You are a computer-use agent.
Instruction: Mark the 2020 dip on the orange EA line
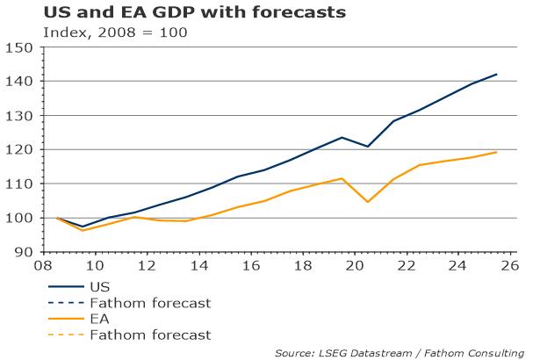tap(368, 202)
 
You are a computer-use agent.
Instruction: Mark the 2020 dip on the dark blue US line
tap(368, 147)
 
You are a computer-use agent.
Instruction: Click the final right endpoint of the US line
tap(497, 75)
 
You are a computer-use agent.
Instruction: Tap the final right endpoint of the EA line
tap(497, 153)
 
